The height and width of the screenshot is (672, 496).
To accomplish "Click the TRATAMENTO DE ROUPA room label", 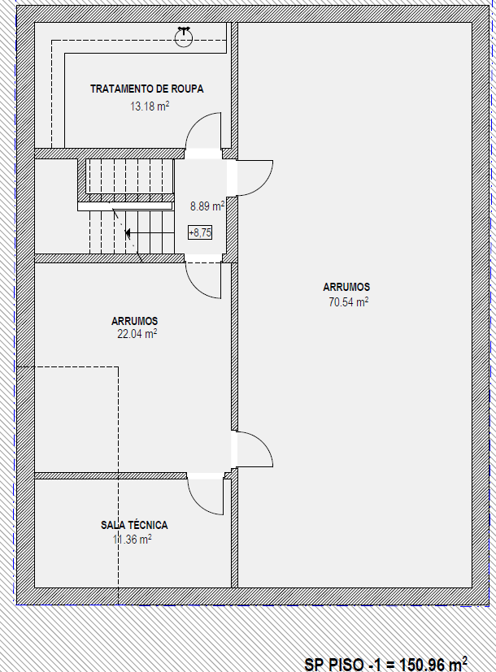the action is click(x=146, y=89).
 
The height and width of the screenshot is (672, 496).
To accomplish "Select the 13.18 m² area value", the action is click(x=150, y=106).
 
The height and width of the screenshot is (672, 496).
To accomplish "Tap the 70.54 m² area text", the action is click(x=349, y=301).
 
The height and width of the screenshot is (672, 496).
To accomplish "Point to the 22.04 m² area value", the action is click(x=137, y=333).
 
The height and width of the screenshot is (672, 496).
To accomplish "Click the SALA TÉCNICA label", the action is click(x=134, y=525).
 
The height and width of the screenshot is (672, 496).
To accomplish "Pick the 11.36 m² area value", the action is click(x=132, y=539).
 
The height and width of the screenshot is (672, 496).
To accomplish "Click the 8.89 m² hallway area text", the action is click(x=207, y=206).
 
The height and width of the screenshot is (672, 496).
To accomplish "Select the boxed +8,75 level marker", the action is click(x=200, y=232).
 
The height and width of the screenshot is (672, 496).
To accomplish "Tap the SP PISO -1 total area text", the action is click(x=385, y=664).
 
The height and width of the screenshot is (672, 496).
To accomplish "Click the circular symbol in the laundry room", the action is click(x=184, y=37).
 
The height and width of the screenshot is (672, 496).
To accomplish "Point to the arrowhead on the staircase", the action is click(x=128, y=233).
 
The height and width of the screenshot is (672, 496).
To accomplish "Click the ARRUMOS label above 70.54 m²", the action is click(x=346, y=287).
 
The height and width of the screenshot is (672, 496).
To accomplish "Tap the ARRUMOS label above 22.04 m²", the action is click(x=135, y=321).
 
